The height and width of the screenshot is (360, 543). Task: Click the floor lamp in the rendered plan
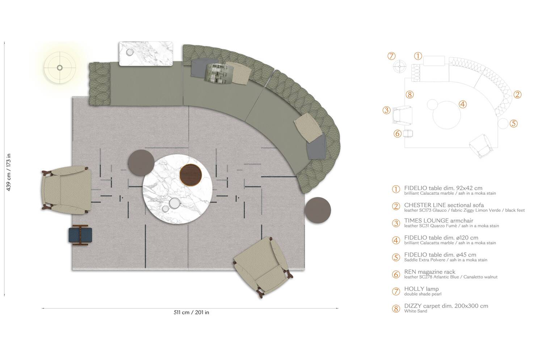(60, 68)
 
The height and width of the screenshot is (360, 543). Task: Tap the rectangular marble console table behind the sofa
(146, 54)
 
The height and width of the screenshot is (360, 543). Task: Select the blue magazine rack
(80, 235)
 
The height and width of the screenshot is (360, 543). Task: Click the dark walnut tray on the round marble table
(191, 175)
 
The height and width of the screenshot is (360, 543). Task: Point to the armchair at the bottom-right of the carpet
(263, 267)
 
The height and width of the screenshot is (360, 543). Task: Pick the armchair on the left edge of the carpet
(66, 190)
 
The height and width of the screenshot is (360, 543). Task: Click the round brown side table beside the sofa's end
(317, 210)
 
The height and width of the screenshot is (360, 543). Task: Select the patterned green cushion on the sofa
(219, 74)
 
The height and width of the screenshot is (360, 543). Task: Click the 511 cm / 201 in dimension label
(191, 313)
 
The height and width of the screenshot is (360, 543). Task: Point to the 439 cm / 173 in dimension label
(8, 172)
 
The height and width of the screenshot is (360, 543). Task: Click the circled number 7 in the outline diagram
(391, 56)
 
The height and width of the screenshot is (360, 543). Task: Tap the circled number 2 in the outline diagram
(518, 94)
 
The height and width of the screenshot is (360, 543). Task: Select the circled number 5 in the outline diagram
(514, 123)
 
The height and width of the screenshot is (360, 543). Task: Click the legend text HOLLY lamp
(421, 289)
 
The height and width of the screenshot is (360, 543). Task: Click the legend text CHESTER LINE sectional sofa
(444, 205)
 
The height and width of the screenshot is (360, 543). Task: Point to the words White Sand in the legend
(416, 311)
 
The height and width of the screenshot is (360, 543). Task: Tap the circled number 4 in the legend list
(396, 241)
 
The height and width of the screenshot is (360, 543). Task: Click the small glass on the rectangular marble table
(130, 52)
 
